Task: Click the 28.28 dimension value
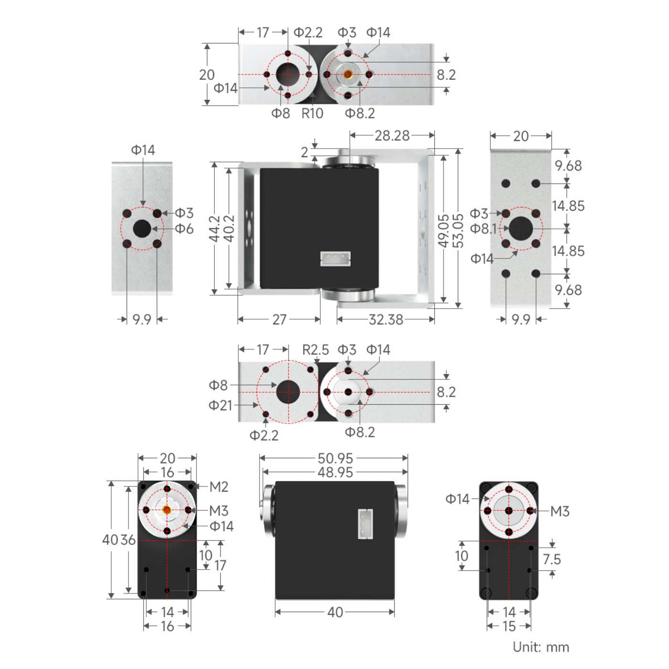coord(392,136)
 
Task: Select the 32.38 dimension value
coord(386,319)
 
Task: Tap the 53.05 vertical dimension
coord(458,230)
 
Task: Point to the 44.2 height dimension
coord(214,228)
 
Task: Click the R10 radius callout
coord(312,113)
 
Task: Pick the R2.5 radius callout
coord(315,350)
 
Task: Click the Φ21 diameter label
coord(220,405)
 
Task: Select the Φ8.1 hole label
coord(483,228)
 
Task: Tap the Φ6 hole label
coord(184,228)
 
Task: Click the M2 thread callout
coord(219,487)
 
